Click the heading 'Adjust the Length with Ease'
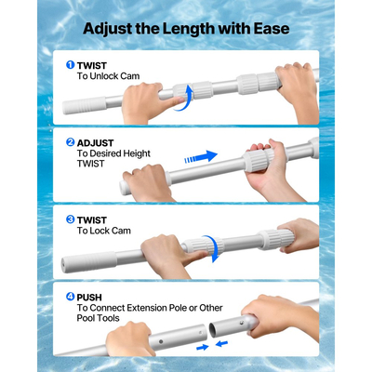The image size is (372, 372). click(186, 29)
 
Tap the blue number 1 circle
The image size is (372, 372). click(71, 65)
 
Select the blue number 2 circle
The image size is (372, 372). click(71, 142)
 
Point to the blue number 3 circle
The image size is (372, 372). click(71, 219)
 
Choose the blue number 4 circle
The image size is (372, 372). click(71, 297)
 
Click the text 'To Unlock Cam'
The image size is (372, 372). click(108, 76)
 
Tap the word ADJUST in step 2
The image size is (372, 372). click(95, 143)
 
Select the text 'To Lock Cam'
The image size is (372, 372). click(104, 231)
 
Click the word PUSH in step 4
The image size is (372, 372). click(89, 298)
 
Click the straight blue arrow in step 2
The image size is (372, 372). click(201, 156)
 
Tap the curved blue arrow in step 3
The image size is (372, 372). click(217, 248)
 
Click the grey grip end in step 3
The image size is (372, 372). click(88, 262)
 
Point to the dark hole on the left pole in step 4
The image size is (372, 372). click(161, 341)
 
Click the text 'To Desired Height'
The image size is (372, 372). click(113, 153)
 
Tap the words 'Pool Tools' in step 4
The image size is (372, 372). click(98, 318)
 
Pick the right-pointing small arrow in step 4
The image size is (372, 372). click(203, 348)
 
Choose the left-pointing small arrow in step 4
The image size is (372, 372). click(222, 343)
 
